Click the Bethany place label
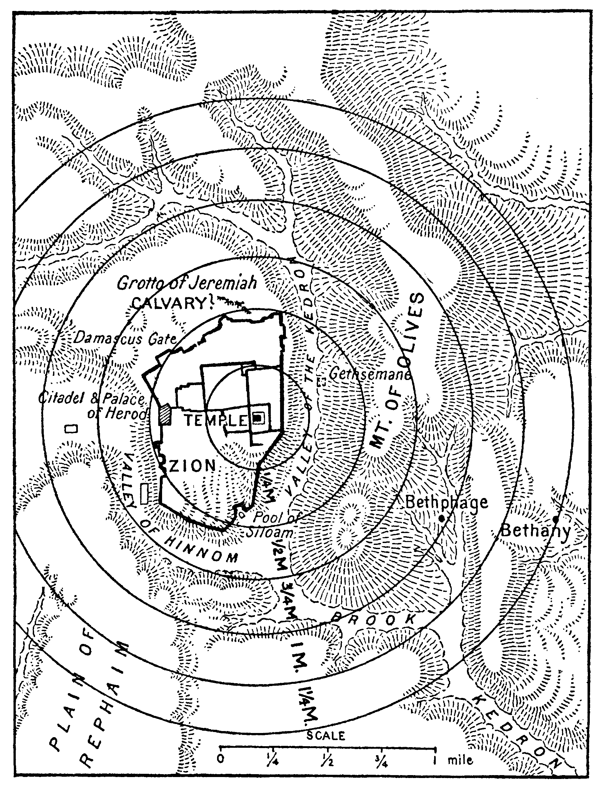pyautogui.click(x=535, y=530)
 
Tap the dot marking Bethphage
pyautogui.click(x=442, y=518)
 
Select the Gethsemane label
pyautogui.click(x=369, y=374)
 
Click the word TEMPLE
pyautogui.click(x=216, y=421)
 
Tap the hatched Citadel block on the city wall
pyautogui.click(x=166, y=415)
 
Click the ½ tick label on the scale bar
pyautogui.click(x=327, y=759)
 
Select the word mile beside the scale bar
pyautogui.click(x=460, y=759)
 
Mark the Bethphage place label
pyautogui.click(x=446, y=502)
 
